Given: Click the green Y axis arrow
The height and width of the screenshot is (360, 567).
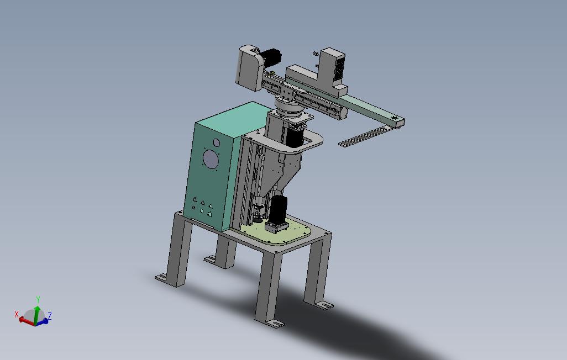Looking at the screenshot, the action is coord(36,313).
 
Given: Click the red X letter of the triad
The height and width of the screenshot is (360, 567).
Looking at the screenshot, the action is coord(16,314).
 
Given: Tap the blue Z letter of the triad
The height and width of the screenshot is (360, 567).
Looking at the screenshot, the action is coord(50,316).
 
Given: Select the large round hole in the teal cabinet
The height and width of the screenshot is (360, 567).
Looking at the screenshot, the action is coord(210,159).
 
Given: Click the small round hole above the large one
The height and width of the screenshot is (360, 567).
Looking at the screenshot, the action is coord(216,142).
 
